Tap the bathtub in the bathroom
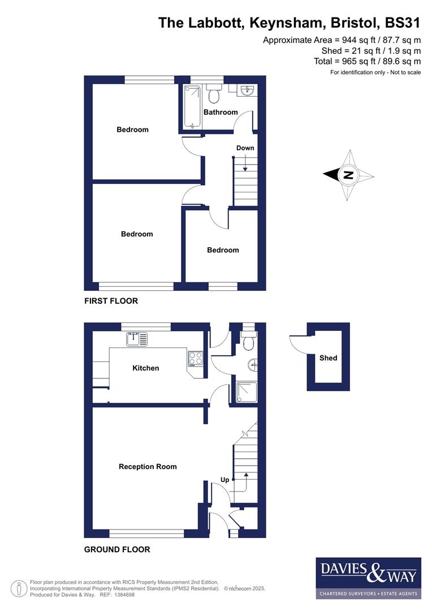click(192, 106)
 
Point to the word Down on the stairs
click(245, 148)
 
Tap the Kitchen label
click(146, 368)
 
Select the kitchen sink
click(137, 339)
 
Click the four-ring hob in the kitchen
click(195, 359)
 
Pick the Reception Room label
click(148, 467)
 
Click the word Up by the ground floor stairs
click(224, 480)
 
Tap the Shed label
click(328, 358)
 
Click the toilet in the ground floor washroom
click(248, 341)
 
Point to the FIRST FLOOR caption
click(111, 301)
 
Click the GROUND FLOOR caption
click(117, 549)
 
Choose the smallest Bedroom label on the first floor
click(223, 250)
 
